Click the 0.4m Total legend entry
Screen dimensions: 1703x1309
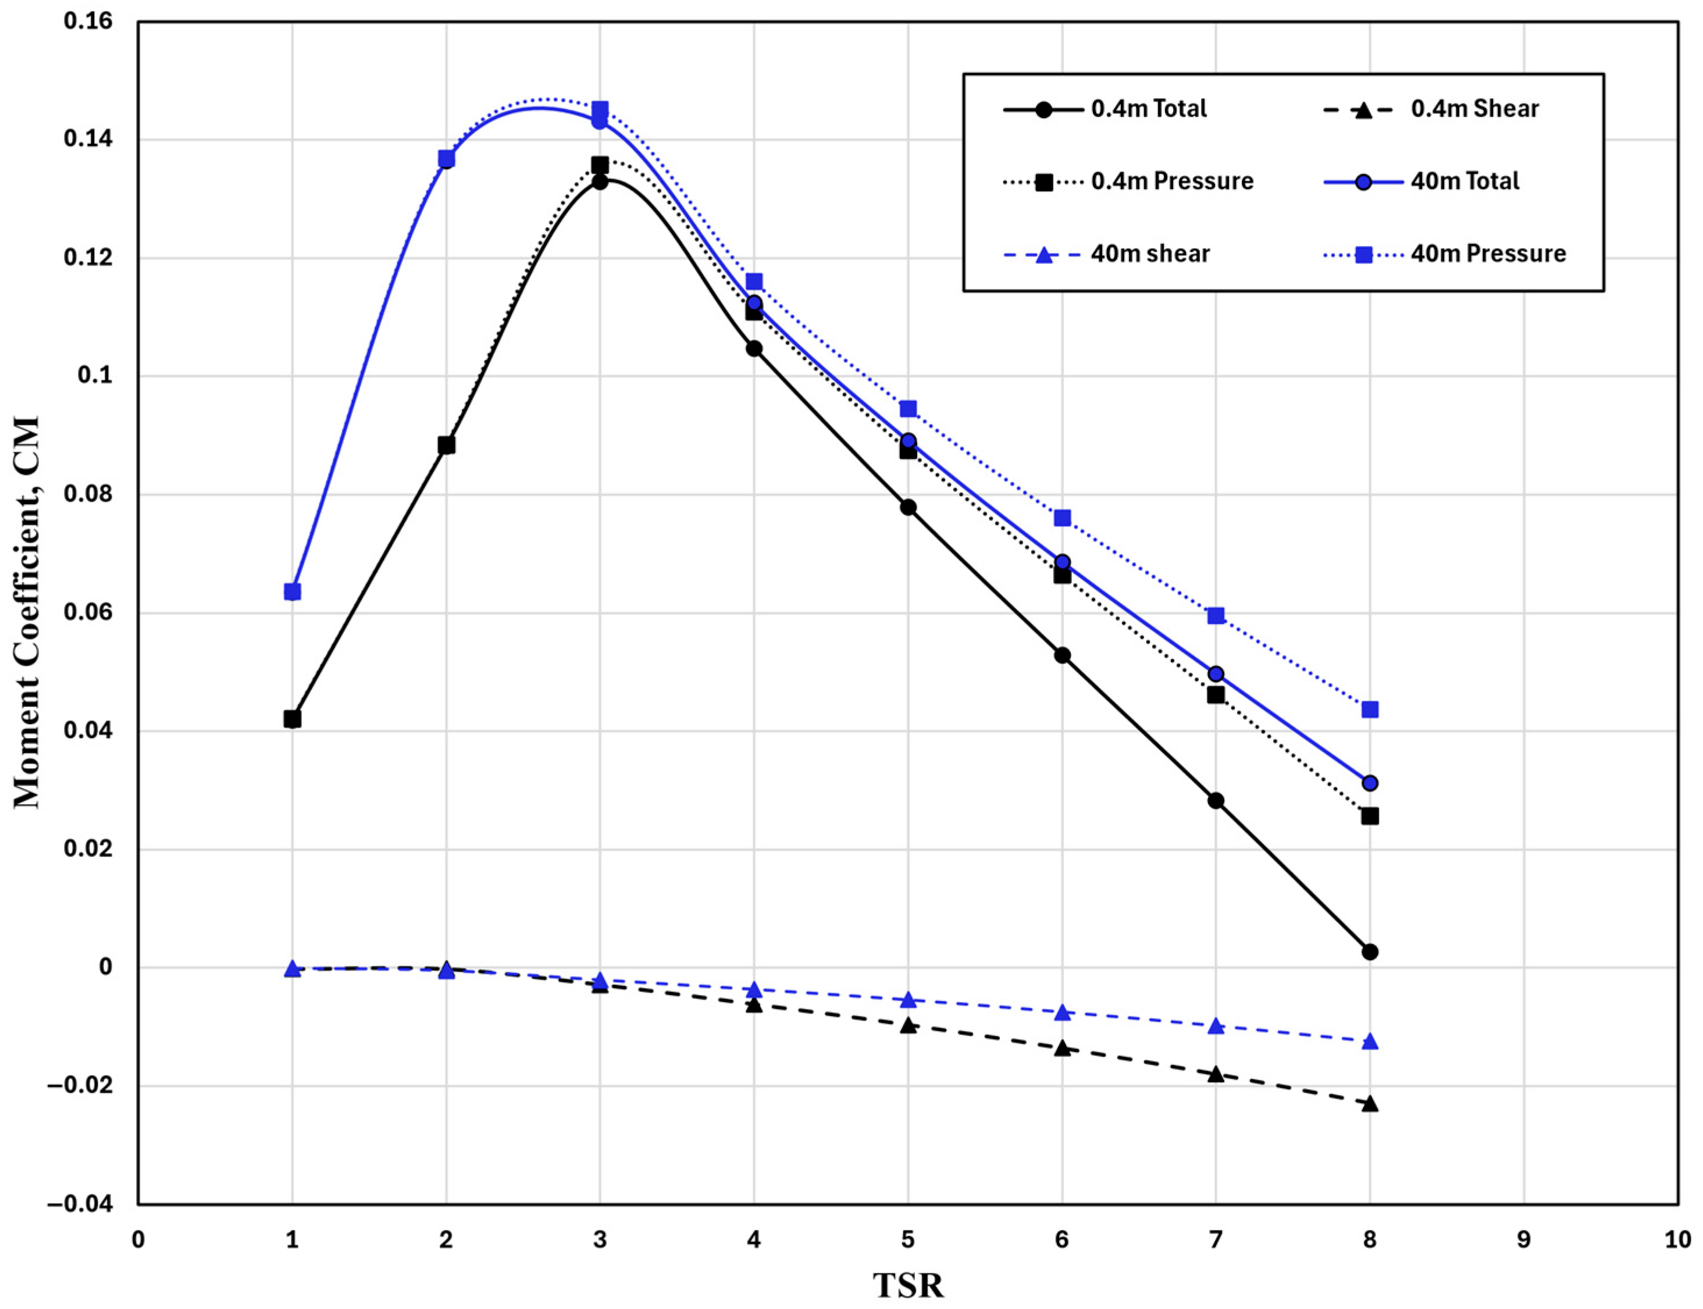click(1105, 109)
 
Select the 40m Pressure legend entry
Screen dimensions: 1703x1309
click(1445, 254)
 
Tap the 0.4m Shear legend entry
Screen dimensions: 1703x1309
click(1431, 109)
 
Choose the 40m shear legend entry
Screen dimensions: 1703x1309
click(1106, 254)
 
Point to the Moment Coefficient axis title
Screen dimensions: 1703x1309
click(27, 613)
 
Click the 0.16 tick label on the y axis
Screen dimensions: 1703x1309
click(88, 21)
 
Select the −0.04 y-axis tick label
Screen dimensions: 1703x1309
click(80, 1204)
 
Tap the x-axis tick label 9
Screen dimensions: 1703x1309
click(1524, 1240)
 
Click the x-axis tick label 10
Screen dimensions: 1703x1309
click(1677, 1240)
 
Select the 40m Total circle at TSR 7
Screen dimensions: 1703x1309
click(1216, 674)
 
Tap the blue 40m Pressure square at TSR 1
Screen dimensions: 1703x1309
click(293, 592)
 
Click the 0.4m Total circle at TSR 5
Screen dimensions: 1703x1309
click(908, 507)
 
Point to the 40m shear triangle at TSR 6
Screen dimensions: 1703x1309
click(1061, 1012)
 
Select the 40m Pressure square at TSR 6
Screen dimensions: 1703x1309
click(1061, 519)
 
